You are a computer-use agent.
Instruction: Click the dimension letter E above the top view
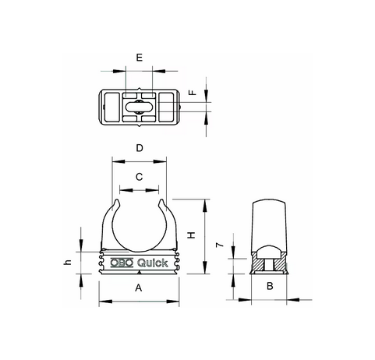(140, 58)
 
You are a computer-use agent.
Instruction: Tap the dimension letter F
(193, 93)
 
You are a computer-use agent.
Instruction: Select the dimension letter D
(140, 148)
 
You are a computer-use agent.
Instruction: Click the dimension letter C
(140, 177)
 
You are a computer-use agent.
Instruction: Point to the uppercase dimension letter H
(192, 235)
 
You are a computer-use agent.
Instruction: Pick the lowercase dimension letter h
(67, 263)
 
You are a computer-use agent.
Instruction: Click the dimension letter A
(139, 288)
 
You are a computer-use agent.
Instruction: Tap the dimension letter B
(270, 286)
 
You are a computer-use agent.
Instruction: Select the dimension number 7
(220, 245)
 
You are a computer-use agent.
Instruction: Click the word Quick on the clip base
(153, 263)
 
